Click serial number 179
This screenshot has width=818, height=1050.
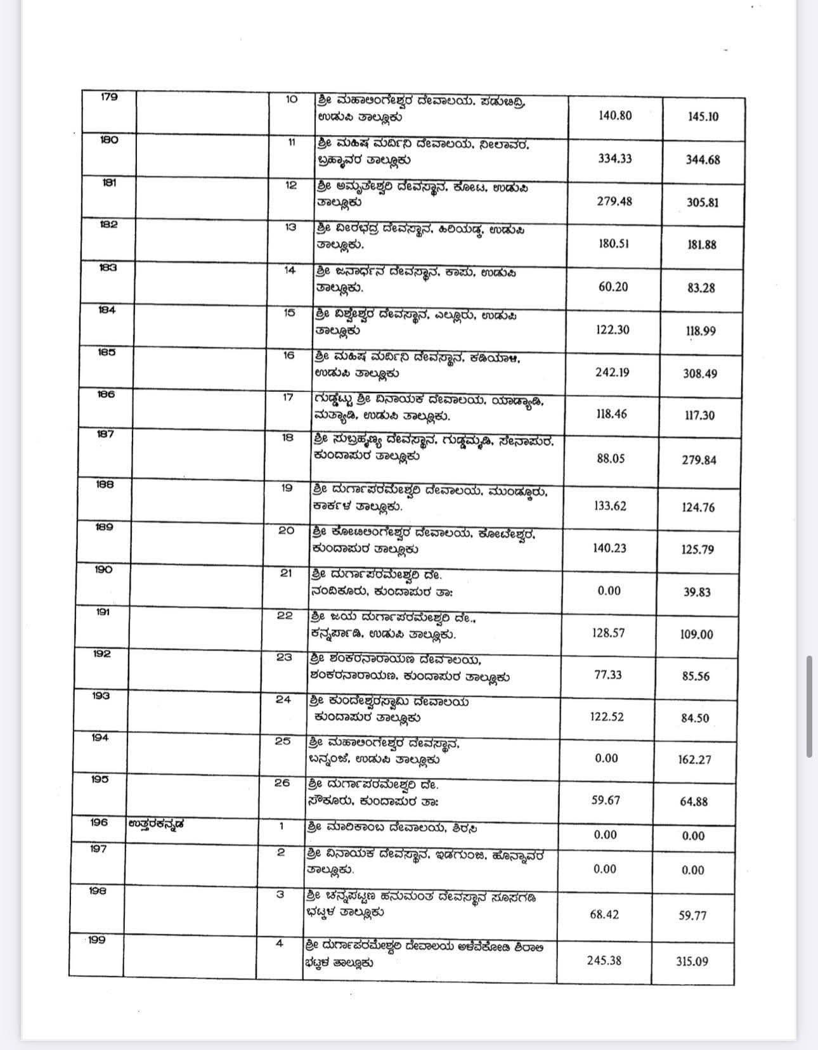pos(109,98)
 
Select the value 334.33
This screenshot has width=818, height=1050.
pos(614,159)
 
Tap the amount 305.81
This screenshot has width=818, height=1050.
pos(703,203)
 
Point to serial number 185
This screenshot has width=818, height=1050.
pos(107,353)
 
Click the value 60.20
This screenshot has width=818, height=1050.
pos(613,287)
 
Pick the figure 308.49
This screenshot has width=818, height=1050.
pos(700,373)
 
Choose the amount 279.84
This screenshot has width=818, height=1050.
pos(699,460)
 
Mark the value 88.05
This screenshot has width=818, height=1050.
pos(611,458)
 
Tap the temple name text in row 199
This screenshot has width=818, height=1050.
pos(422,954)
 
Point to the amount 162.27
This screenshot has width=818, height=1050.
pos(694,759)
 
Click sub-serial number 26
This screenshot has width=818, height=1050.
pos(282,783)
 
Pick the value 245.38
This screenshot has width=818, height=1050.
pos(604,960)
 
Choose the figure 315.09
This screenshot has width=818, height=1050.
pos(692,961)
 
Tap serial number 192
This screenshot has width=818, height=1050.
pos(101,654)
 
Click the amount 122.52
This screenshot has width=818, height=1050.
pos(607,716)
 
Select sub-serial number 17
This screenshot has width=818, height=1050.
pos(288,397)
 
